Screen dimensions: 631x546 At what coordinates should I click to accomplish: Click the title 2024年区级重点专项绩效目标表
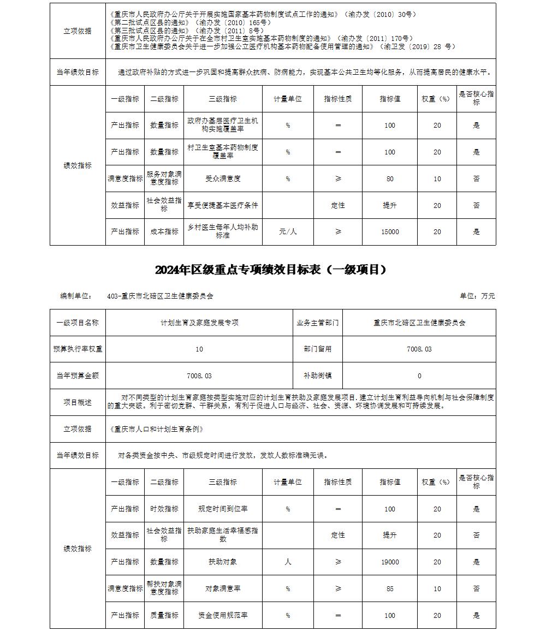pyautogui.click(x=271, y=270)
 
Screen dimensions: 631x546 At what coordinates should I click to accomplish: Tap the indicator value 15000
pyautogui.click(x=389, y=232)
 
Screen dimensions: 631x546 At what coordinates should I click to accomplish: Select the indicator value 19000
pyautogui.click(x=389, y=562)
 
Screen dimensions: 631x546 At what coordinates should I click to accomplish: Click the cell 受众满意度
pyautogui.click(x=223, y=178)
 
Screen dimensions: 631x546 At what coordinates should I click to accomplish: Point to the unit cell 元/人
pyautogui.click(x=288, y=232)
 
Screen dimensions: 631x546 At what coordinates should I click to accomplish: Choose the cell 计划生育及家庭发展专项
pyautogui.click(x=199, y=323)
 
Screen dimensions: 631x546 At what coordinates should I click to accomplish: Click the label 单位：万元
pyautogui.click(x=477, y=296)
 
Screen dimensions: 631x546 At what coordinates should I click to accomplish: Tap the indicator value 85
pyautogui.click(x=389, y=589)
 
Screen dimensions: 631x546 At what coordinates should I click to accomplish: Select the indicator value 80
pyautogui.click(x=389, y=178)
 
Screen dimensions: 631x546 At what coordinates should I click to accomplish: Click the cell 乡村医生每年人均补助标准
pyautogui.click(x=223, y=231)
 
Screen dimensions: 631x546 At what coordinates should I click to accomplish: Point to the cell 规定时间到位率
pyautogui.click(x=223, y=509)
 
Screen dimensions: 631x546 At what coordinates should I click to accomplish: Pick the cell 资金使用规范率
pyautogui.click(x=223, y=615)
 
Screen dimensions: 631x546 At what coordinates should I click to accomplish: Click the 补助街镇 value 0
pyautogui.click(x=419, y=376)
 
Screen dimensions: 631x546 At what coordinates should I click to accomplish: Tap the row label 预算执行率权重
pyautogui.click(x=78, y=349)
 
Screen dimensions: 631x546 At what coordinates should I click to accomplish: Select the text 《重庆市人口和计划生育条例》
pyautogui.click(x=157, y=429)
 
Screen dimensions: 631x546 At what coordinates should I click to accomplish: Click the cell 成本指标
pyautogui.click(x=164, y=232)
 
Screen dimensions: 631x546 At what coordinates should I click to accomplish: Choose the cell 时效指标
pyautogui.click(x=164, y=509)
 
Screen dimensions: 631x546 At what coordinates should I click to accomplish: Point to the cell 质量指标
pyautogui.click(x=164, y=615)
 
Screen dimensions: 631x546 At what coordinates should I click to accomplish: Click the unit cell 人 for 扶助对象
pyautogui.click(x=288, y=562)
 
